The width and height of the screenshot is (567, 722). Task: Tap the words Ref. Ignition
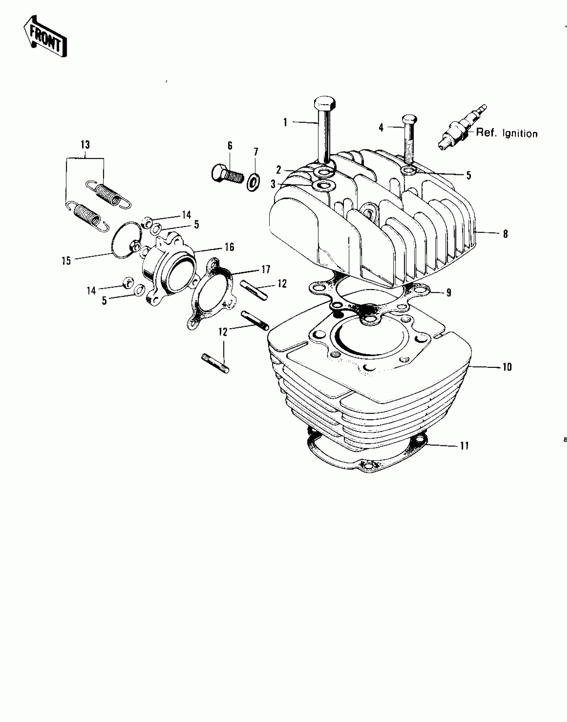[507, 133]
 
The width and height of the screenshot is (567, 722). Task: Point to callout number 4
[381, 128]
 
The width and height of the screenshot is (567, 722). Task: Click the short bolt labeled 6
[228, 174]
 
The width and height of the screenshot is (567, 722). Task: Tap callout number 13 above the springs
[85, 145]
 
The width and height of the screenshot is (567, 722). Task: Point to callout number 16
[229, 247]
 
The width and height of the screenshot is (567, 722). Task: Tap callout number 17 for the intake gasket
[266, 269]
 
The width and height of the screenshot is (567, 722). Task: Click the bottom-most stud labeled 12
[215, 363]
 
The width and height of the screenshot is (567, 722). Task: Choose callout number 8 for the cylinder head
[505, 234]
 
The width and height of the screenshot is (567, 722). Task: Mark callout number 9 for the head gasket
[449, 293]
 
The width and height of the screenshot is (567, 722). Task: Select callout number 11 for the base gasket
[465, 446]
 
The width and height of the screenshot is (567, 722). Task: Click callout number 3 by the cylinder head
[273, 184]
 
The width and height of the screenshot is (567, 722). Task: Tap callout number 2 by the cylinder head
[279, 170]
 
